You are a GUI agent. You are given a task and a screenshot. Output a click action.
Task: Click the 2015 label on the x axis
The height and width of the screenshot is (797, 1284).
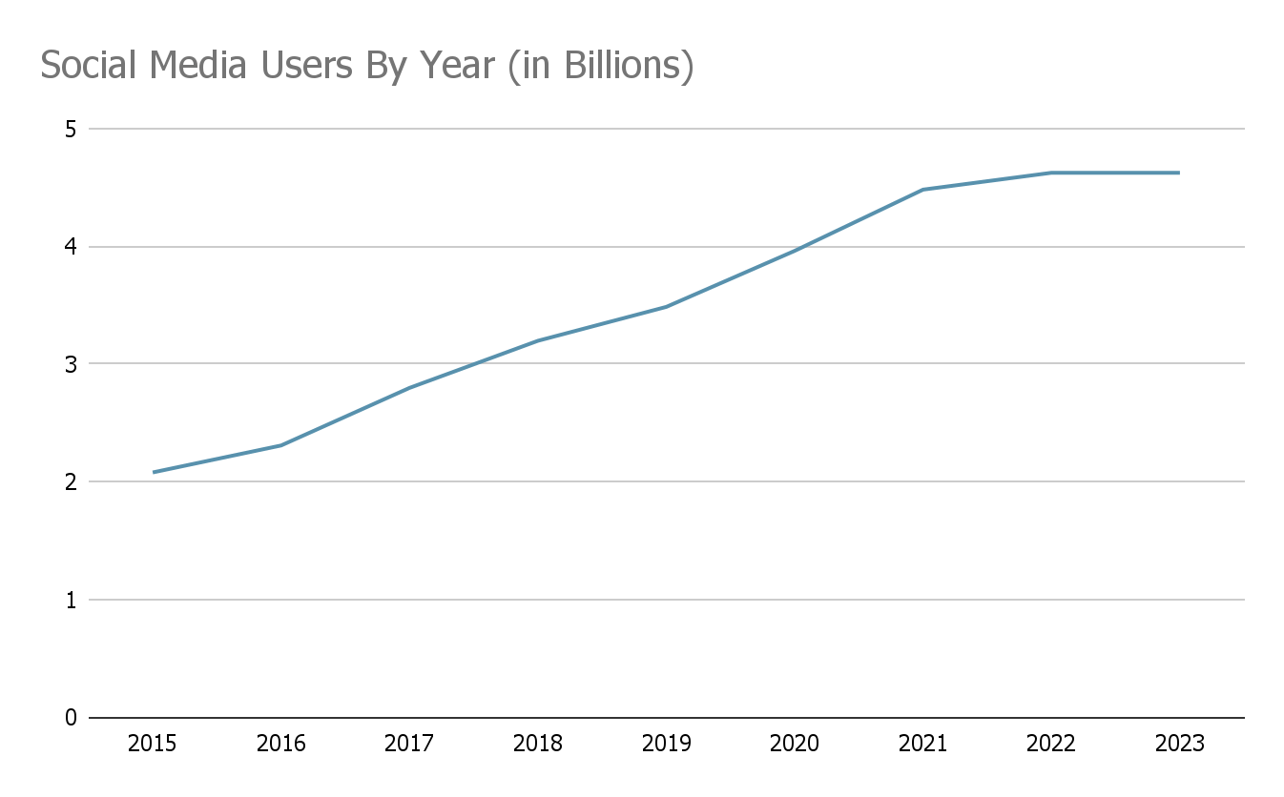point(152,744)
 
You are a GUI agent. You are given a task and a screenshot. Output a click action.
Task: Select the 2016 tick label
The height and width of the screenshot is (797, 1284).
point(280,744)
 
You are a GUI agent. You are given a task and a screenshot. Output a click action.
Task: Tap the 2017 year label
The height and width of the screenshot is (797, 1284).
point(408,744)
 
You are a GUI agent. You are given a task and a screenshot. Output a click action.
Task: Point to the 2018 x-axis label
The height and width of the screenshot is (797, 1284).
point(537,744)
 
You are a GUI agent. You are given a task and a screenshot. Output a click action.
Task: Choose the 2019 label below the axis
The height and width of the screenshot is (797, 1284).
point(666,744)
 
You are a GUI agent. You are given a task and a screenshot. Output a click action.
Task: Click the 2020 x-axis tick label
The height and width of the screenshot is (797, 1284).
point(794,744)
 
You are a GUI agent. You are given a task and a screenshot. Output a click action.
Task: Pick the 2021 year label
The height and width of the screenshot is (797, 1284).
point(922,744)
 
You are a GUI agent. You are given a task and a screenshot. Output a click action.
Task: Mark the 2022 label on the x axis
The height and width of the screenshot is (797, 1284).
point(1050,744)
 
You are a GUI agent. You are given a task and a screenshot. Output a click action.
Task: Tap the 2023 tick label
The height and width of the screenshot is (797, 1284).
point(1179,744)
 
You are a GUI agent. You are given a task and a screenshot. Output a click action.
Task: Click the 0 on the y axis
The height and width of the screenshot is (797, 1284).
point(71,718)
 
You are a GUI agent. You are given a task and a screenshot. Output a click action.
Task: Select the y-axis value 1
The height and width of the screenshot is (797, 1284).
point(71,600)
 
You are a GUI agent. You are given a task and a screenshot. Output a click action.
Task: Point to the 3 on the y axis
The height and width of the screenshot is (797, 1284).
point(71,364)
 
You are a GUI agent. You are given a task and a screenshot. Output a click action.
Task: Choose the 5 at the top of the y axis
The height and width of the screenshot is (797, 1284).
point(71,129)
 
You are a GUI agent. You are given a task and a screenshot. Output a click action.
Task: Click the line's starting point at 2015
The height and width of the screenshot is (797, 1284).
point(153,472)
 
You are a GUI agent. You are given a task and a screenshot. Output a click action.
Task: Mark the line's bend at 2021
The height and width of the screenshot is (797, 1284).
point(922,190)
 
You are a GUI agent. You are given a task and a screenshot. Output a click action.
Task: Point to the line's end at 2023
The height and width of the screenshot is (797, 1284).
point(1179,173)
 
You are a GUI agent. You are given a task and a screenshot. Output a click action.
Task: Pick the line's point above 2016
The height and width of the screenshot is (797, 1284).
point(280,445)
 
